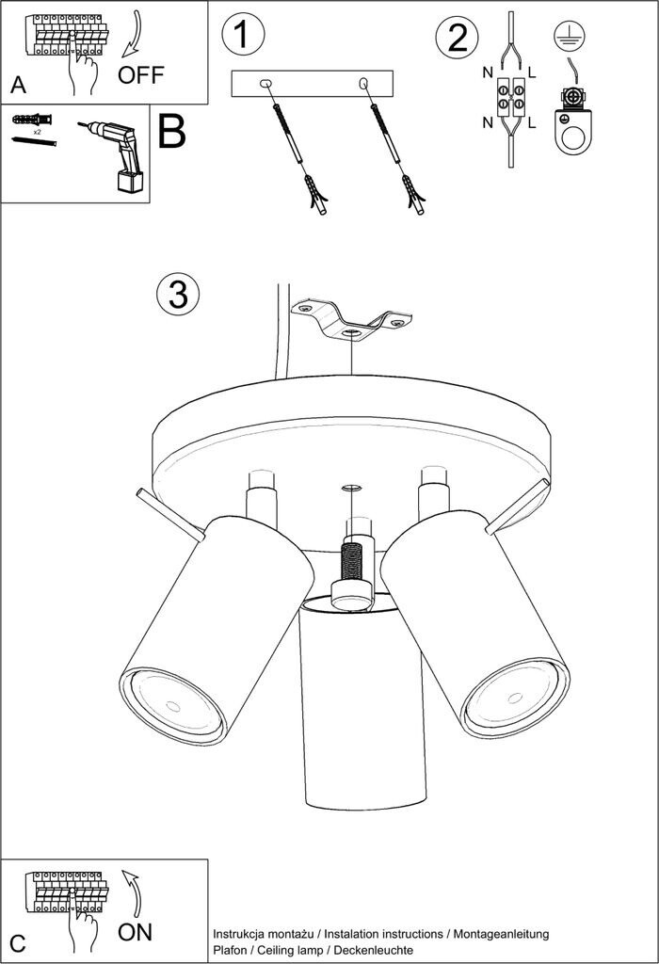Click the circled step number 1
242,35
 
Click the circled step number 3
177,294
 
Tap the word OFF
140,75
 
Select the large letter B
172,133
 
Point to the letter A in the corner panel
18,85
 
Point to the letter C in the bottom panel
17,941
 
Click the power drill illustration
117,154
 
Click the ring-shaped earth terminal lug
570,130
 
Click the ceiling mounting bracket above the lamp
350,320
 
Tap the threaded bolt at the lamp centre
352,562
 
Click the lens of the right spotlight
515,699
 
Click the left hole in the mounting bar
266,85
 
